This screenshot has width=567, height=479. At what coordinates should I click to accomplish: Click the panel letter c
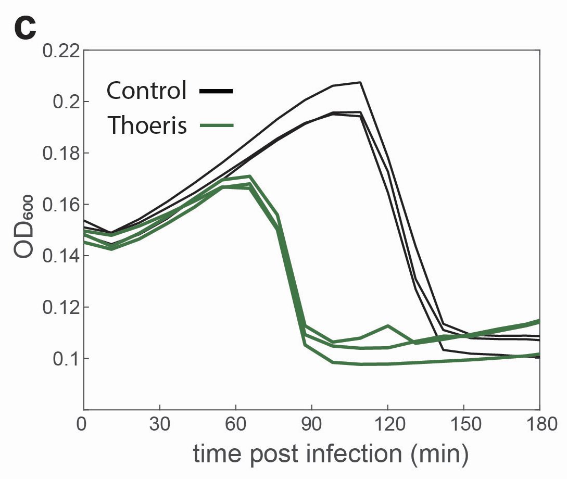pyautogui.click(x=25, y=29)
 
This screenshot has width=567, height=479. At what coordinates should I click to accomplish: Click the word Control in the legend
pyautogui.click(x=146, y=91)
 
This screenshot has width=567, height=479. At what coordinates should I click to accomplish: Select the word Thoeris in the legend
pyautogui.click(x=147, y=125)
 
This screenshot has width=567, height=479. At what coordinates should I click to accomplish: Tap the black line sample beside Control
pyautogui.click(x=216, y=92)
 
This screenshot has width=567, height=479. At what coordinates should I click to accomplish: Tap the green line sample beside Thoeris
pyautogui.click(x=216, y=125)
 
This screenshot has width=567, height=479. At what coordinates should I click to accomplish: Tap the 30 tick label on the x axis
pyautogui.click(x=159, y=423)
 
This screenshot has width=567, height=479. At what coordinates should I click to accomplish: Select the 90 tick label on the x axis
pyautogui.click(x=311, y=423)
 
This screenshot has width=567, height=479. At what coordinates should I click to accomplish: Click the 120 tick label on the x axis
pyautogui.click(x=387, y=423)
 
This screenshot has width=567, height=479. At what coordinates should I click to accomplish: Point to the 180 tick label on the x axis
pyautogui.click(x=539, y=423)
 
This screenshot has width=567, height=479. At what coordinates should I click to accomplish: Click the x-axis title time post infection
pyautogui.click(x=331, y=454)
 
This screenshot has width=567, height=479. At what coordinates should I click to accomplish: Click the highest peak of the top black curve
pyautogui.click(x=359, y=82)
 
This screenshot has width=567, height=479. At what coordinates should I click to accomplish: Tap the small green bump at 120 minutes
pyautogui.click(x=388, y=326)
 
